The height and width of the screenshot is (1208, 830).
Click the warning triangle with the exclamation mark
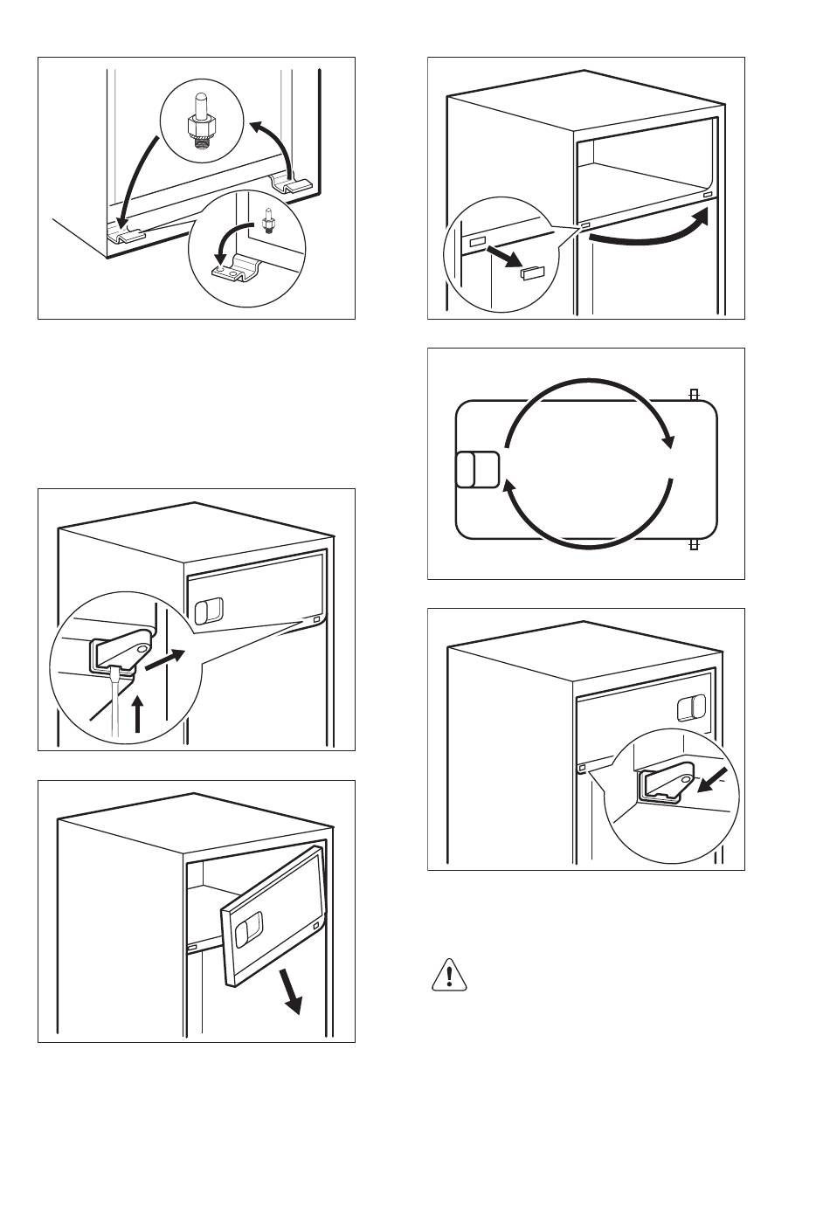coord(447,975)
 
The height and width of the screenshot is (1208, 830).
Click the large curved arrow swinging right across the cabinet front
coord(647,231)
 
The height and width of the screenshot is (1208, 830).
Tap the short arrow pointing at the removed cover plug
coord(506,259)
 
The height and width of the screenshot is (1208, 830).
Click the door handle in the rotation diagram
coord(477,469)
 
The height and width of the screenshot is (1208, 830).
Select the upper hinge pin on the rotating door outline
coord(694,395)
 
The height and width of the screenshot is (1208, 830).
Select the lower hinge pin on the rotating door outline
coord(694,544)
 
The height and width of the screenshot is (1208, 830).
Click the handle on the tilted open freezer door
coord(251,927)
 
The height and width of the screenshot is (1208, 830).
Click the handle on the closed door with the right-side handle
coord(691,708)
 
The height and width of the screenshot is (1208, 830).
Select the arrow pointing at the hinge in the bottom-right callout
coord(715,783)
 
